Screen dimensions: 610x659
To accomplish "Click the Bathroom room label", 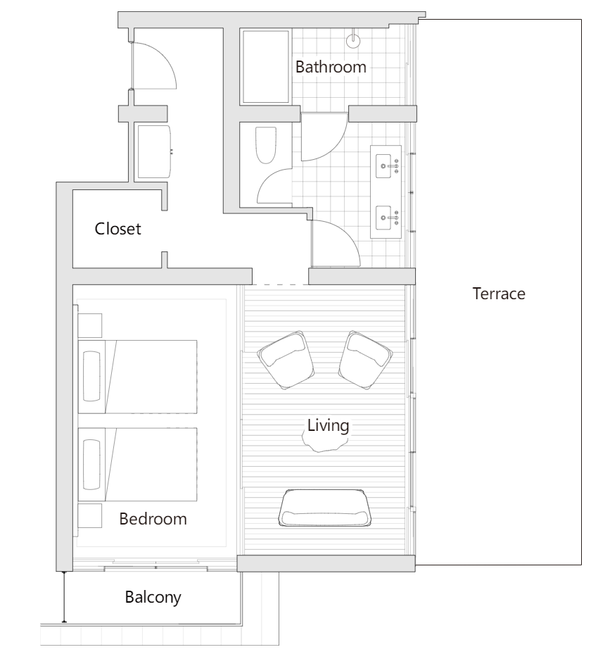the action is point(331,68).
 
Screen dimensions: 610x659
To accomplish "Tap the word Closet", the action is point(117,229).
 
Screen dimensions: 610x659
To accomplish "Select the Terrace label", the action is point(499,294).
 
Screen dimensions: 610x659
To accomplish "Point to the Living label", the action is point(328,425).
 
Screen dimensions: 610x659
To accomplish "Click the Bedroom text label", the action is point(153,519).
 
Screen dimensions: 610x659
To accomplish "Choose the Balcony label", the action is point(153,597).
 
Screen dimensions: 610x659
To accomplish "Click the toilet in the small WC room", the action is point(266,145).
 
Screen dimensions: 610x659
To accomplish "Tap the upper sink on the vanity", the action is point(383,166).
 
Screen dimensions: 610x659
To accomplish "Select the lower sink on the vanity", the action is point(383,218).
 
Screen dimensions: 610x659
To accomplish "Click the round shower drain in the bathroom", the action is point(353,40).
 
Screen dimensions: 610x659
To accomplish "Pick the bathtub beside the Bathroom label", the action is point(266,66).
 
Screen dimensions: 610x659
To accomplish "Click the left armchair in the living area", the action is point(286,360).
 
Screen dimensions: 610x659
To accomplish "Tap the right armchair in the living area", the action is point(365,360).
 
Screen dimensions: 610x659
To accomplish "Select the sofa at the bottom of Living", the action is point(325,508).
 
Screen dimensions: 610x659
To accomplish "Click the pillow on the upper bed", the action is point(92,377).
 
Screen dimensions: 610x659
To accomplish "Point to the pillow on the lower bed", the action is point(92,465).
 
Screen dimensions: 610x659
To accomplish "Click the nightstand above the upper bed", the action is point(90,325).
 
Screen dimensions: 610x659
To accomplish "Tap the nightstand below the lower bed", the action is point(90,515).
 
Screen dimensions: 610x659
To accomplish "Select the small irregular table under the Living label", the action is point(325,443).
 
